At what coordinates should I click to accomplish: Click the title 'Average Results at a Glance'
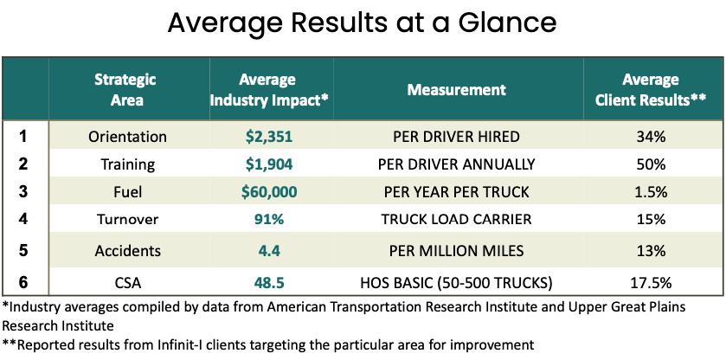coord(363,24)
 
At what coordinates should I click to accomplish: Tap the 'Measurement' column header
coord(456,89)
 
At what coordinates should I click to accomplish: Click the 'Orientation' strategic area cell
coord(127,137)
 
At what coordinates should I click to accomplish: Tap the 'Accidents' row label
coord(127,251)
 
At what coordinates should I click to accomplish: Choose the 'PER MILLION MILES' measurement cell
coord(456,251)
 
